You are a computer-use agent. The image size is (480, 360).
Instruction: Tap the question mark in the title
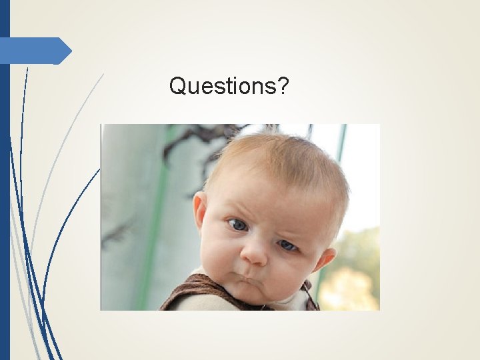(283, 85)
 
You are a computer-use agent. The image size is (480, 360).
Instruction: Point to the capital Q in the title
(177, 85)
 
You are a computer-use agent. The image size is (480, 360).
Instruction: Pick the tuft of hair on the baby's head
(272, 129)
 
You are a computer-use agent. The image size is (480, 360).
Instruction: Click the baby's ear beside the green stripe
(199, 211)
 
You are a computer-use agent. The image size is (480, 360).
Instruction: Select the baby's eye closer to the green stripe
(237, 225)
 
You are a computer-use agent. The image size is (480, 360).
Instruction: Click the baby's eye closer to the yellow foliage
(287, 245)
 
